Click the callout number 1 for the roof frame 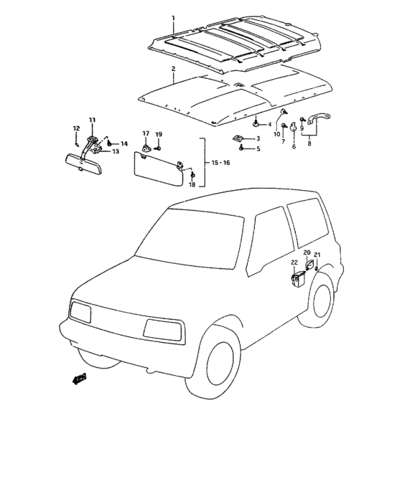[x=172, y=16]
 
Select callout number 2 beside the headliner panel [x=173, y=69]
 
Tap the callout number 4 [x=269, y=124]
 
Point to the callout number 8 [x=309, y=143]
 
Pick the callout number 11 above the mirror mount [x=92, y=119]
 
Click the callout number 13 [x=116, y=152]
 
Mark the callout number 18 [x=192, y=185]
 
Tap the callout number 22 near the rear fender [x=294, y=262]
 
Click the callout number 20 [x=307, y=253]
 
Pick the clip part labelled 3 [x=238, y=138]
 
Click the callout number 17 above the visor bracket [x=146, y=134]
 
